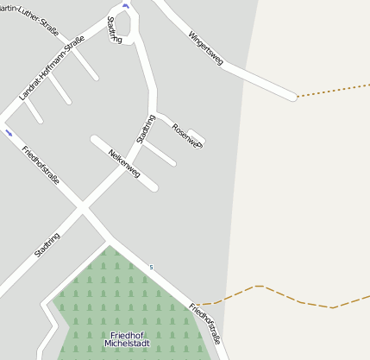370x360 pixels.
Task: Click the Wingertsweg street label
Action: (x=206, y=48)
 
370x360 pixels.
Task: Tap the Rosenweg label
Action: (x=186, y=136)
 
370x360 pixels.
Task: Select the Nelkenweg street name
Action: (x=124, y=163)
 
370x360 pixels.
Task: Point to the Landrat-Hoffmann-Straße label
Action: (x=52, y=68)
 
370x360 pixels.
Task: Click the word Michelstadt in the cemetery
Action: (x=128, y=344)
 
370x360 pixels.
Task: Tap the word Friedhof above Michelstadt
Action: (x=128, y=335)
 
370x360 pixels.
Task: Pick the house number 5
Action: (x=151, y=268)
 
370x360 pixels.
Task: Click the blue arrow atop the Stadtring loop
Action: (x=126, y=6)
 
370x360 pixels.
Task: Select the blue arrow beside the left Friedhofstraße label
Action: (x=9, y=133)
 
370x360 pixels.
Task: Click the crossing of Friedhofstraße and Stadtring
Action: (x=83, y=208)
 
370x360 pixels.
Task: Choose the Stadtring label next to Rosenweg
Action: (x=146, y=129)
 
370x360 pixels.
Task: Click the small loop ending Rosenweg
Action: (x=197, y=136)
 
